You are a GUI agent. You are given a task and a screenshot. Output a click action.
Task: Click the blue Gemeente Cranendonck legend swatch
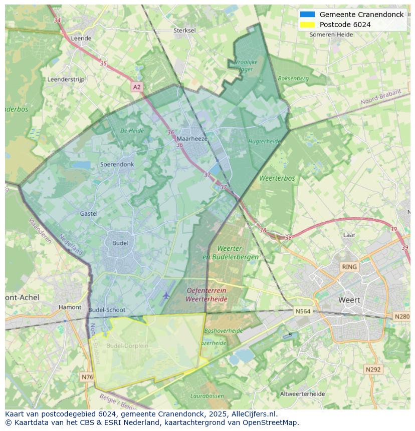point(307,15)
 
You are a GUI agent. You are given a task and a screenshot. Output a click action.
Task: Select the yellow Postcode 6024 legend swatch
point(307,25)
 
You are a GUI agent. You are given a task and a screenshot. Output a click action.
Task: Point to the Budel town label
point(120,243)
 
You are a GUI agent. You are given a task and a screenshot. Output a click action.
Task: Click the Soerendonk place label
point(117,164)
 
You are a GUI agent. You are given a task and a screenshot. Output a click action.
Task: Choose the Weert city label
point(349,300)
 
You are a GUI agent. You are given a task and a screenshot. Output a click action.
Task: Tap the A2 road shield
point(137,87)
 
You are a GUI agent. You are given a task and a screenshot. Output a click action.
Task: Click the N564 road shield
point(303,311)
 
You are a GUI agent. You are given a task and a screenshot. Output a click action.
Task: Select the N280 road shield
point(402,316)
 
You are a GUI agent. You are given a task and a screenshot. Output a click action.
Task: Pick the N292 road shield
point(373,369)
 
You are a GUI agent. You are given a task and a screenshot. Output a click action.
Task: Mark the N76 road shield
point(87,376)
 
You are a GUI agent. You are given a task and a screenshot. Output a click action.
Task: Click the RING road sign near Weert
point(349,267)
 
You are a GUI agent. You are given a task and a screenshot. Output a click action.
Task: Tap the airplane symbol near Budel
point(166,296)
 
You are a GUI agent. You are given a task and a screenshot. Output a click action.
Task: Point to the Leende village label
point(81,38)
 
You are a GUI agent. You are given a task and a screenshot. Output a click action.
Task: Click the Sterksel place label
point(184,31)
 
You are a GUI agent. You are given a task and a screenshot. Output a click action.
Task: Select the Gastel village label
point(89,214)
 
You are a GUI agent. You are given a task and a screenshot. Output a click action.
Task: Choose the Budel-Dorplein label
point(127,346)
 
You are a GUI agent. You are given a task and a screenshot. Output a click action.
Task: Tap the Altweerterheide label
point(302,394)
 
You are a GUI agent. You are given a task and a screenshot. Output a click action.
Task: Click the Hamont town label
point(70,307)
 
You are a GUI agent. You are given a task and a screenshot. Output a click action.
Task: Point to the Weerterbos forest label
point(277,178)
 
